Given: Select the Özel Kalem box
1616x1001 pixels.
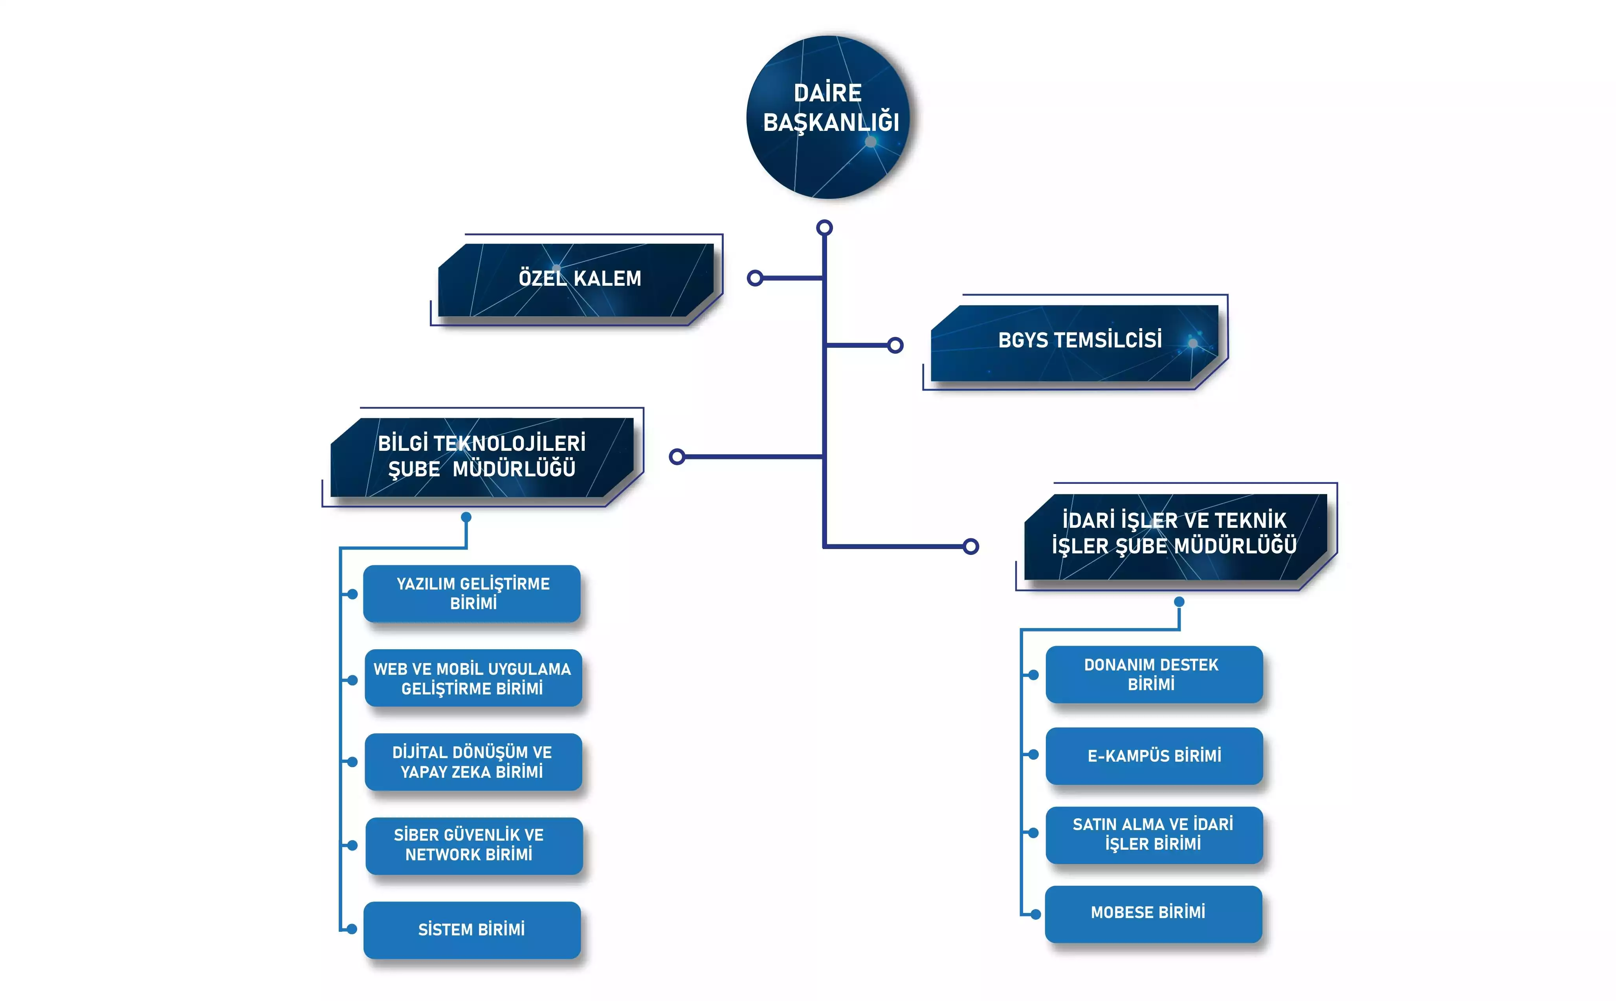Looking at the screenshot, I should pyautogui.click(x=576, y=279).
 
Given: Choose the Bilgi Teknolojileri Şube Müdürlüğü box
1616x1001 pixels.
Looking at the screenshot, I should pyautogui.click(x=482, y=457).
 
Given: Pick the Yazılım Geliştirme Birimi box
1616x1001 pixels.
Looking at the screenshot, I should pyautogui.click(x=473, y=593).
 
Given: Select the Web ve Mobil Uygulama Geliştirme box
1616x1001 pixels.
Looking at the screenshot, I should pyautogui.click(x=473, y=679).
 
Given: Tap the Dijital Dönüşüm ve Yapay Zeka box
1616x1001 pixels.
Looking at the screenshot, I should pyautogui.click(x=473, y=762).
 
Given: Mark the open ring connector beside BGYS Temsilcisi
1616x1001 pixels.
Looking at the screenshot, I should pyautogui.click(x=895, y=345).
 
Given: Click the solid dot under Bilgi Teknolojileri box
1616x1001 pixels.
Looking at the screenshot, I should pyautogui.click(x=466, y=517).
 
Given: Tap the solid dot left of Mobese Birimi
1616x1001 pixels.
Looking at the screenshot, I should pyautogui.click(x=1036, y=914).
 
